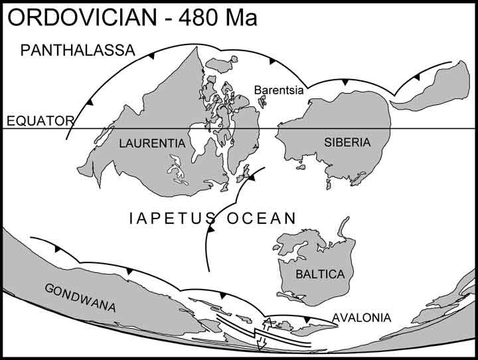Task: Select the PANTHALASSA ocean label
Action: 78,50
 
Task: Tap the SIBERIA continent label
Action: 347,142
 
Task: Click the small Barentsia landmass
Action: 262,102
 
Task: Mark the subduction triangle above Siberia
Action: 345,81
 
